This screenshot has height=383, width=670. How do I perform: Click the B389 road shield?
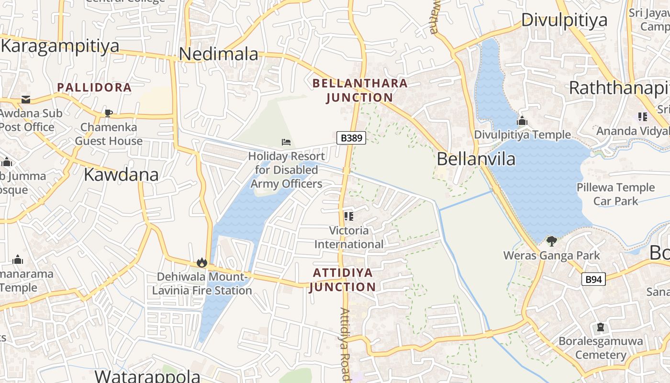(351, 138)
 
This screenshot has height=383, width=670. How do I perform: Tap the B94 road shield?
(593, 279)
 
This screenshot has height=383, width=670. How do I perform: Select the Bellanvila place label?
(476, 159)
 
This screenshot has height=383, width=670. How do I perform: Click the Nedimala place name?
(219, 54)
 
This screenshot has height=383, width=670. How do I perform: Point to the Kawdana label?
(121, 175)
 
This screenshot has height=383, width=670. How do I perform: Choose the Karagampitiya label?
(60, 46)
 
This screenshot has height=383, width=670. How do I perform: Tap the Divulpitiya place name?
(564, 20)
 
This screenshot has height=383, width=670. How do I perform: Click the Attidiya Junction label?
(343, 280)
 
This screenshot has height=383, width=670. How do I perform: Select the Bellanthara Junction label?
(360, 90)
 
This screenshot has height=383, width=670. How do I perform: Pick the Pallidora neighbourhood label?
(94, 88)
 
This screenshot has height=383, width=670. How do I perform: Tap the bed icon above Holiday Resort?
(286, 142)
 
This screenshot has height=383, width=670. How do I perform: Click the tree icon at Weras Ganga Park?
(551, 241)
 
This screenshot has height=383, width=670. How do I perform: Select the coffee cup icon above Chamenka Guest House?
(109, 113)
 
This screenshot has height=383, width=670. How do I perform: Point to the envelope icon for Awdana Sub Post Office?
(25, 100)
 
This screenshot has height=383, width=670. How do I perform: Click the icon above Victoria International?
(349, 216)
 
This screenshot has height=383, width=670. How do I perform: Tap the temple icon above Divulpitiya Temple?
(522, 121)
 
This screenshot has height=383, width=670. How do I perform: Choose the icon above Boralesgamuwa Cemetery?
(601, 328)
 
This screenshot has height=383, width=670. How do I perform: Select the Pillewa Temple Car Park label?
(615, 194)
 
